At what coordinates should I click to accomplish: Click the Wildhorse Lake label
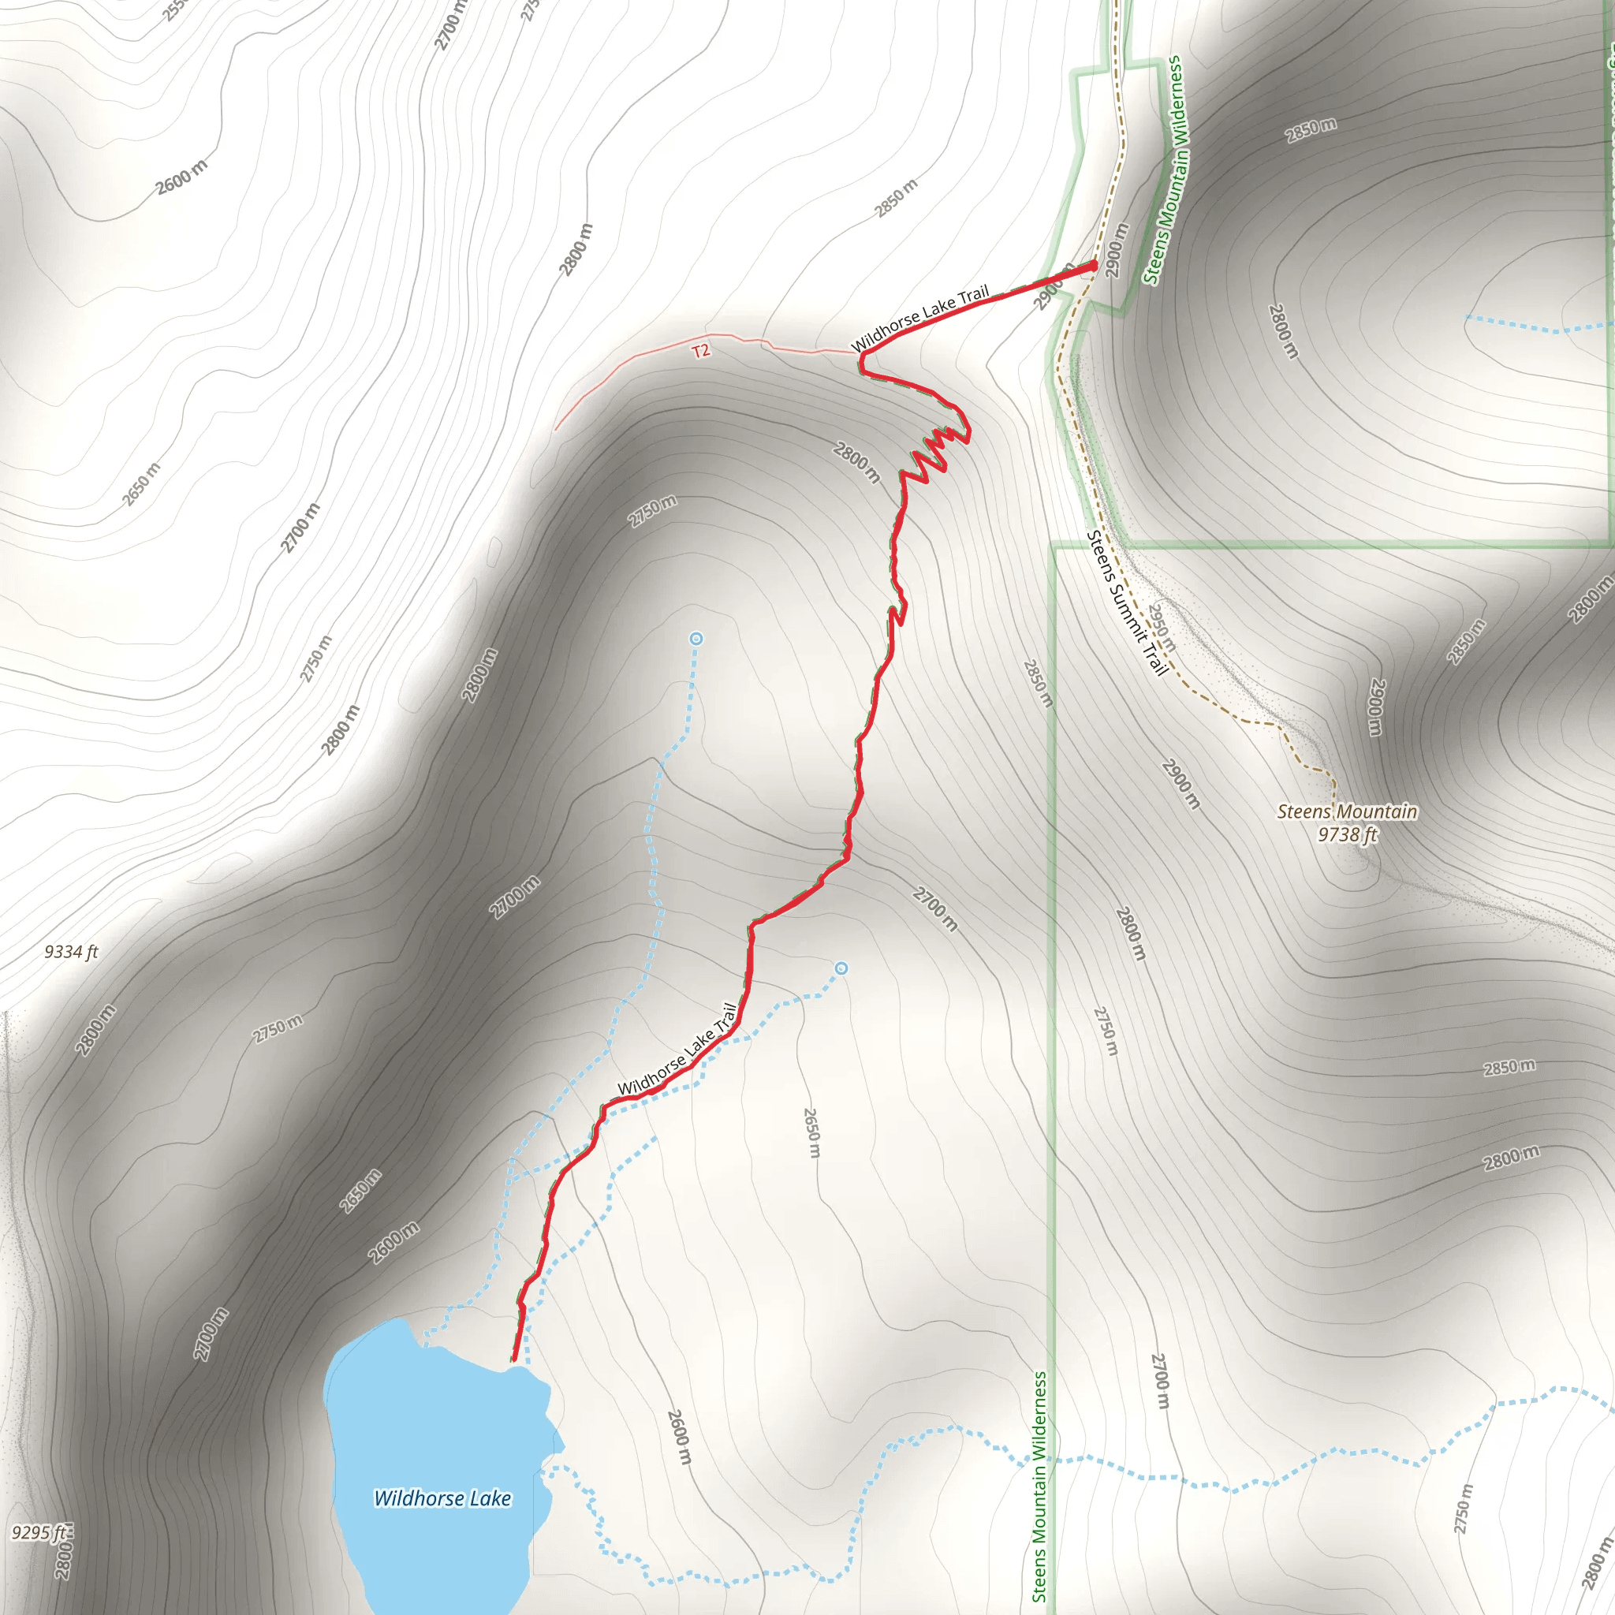pyautogui.click(x=442, y=1498)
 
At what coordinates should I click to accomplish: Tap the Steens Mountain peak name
pyautogui.click(x=1347, y=811)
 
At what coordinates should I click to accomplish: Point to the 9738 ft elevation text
pyautogui.click(x=1347, y=834)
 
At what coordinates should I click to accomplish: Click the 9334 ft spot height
pyautogui.click(x=71, y=951)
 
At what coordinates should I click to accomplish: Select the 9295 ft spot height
pyautogui.click(x=39, y=1532)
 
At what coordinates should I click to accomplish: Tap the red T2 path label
pyautogui.click(x=700, y=350)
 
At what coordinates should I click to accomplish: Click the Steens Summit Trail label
pyautogui.click(x=1126, y=602)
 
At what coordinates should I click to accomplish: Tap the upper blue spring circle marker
pyautogui.click(x=696, y=639)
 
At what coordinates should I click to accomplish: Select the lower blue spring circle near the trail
pyautogui.click(x=841, y=968)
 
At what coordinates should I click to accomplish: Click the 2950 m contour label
pyautogui.click(x=1161, y=628)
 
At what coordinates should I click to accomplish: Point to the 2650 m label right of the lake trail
pyautogui.click(x=811, y=1132)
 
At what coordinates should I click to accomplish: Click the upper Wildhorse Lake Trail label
pyautogui.click(x=919, y=319)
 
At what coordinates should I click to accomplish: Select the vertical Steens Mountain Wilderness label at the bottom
pyautogui.click(x=1039, y=1486)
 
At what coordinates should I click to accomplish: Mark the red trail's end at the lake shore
pyautogui.click(x=513, y=1361)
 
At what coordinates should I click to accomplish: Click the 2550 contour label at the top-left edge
pyautogui.click(x=175, y=10)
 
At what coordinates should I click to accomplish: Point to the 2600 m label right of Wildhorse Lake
pyautogui.click(x=680, y=1437)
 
